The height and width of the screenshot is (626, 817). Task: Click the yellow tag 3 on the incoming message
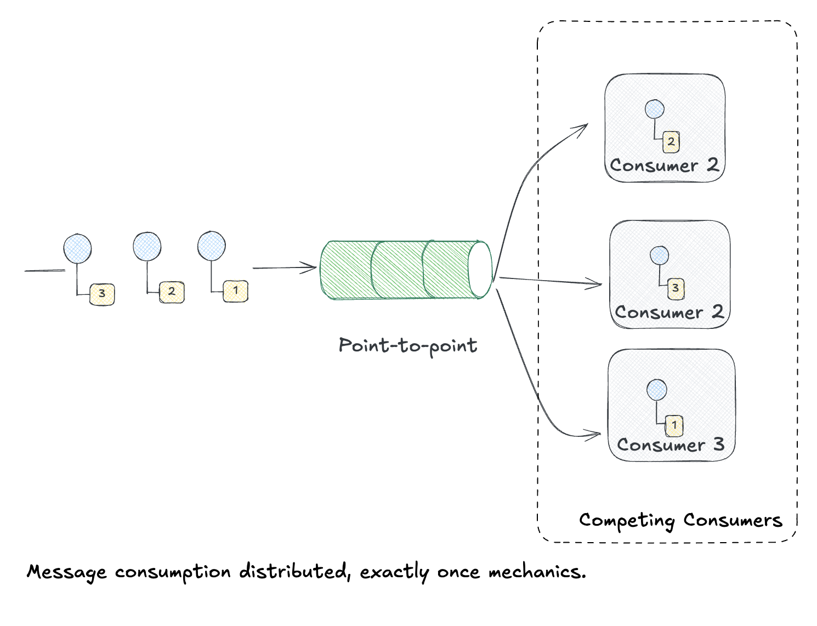click(102, 294)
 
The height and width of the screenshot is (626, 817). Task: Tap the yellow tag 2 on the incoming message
click(172, 292)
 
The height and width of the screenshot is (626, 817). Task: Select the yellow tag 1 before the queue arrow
click(236, 291)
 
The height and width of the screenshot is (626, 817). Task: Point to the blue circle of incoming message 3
click(77, 249)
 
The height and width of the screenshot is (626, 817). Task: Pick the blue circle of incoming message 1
click(212, 246)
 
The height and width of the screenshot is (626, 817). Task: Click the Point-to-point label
click(408, 346)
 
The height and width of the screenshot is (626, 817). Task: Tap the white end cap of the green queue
click(480, 270)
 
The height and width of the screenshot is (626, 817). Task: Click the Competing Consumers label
click(680, 520)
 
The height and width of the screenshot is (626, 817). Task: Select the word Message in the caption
click(67, 572)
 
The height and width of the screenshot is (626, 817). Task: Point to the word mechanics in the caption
click(537, 572)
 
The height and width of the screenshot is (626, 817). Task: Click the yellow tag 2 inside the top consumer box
click(671, 142)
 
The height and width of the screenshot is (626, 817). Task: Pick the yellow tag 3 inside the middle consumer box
click(676, 288)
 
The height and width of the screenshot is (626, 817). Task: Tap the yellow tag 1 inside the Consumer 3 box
click(674, 425)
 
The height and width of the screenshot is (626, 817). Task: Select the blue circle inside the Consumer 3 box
click(656, 390)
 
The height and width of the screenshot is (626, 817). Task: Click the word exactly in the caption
click(394, 572)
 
